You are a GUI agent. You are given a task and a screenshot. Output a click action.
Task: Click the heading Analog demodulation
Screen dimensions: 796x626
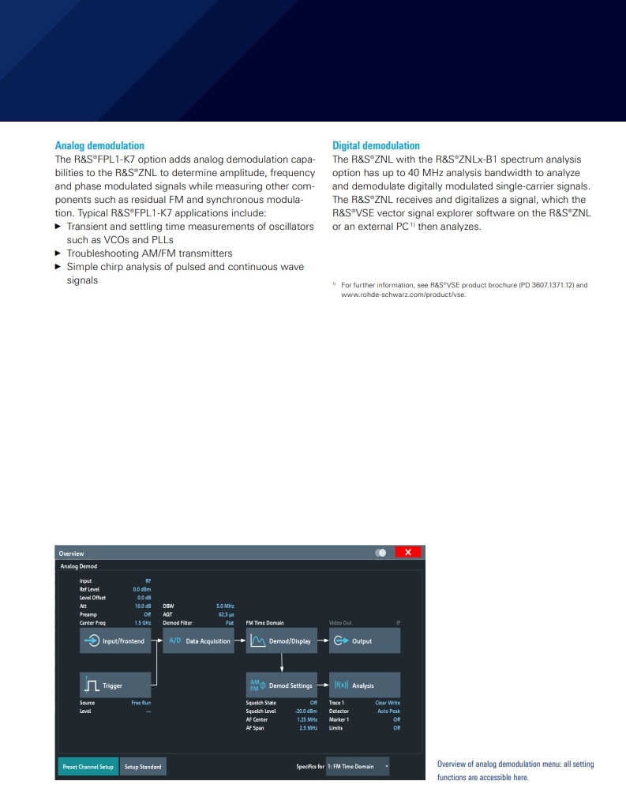tap(99, 146)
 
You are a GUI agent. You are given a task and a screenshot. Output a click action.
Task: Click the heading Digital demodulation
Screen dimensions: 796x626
tap(376, 146)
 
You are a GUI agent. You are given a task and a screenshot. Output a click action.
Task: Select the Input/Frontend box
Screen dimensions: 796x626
tap(117, 641)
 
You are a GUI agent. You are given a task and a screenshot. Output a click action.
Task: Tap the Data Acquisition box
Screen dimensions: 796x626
tap(200, 641)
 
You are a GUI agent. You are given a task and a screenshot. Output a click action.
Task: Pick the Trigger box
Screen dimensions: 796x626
tap(117, 685)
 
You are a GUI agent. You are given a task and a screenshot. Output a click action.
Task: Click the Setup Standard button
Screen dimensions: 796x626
tap(143, 767)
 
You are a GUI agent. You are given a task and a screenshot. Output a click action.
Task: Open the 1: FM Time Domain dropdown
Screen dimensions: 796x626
tap(358, 767)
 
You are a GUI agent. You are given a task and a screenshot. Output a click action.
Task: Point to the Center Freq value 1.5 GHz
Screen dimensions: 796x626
tap(142, 623)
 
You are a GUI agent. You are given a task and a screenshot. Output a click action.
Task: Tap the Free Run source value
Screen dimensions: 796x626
tap(141, 703)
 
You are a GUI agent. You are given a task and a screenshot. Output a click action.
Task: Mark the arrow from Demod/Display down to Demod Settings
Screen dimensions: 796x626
tap(282, 663)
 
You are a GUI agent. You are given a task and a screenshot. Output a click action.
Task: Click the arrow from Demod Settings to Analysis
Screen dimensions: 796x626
tap(323, 685)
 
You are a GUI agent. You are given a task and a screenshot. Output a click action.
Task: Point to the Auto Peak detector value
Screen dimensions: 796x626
tap(388, 712)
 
